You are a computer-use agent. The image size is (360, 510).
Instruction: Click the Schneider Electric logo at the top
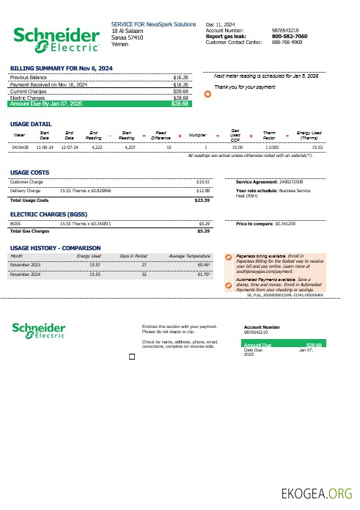click(x=56, y=39)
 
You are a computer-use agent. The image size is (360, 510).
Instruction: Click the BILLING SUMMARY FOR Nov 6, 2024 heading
click(x=61, y=68)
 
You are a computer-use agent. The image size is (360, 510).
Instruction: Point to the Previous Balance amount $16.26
click(x=180, y=76)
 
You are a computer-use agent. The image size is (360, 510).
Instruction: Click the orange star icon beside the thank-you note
click(x=207, y=95)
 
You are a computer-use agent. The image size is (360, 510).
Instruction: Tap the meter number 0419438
click(x=20, y=147)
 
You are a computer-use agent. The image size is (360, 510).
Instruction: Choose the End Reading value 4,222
click(x=97, y=147)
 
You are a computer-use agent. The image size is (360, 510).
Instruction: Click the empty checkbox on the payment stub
click(x=132, y=357)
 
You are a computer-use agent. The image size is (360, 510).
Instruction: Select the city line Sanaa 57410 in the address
click(x=128, y=37)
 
